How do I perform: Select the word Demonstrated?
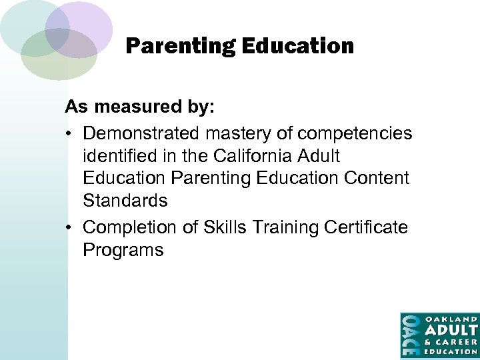pyautogui.click(x=141, y=133)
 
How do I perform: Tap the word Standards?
pyautogui.click(x=125, y=201)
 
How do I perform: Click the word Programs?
pyautogui.click(x=123, y=250)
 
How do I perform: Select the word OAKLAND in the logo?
pyautogui.click(x=451, y=319)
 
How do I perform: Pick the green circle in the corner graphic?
pyautogui.click(x=57, y=61)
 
